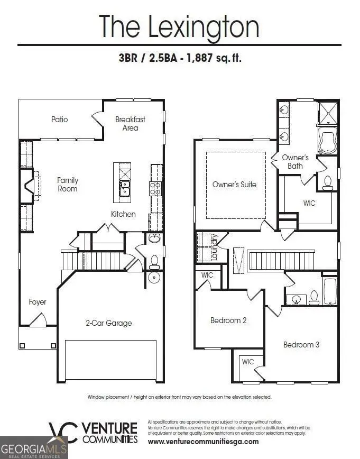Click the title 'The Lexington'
[179, 26]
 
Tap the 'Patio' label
[60, 120]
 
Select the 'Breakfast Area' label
[130, 124]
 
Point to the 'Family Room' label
[67, 185]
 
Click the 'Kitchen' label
[123, 214]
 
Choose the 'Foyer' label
[38, 302]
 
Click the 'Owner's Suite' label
[234, 185]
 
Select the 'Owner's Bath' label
[295, 162]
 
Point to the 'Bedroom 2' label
[228, 320]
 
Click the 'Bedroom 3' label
[301, 345]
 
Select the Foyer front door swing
[38, 321]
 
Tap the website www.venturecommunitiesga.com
[203, 442]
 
